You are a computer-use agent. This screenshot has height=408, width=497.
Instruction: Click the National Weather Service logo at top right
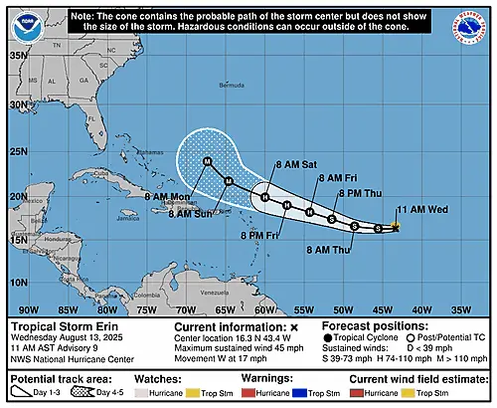coord(472,24)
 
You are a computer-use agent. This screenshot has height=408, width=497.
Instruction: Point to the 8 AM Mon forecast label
coord(166,196)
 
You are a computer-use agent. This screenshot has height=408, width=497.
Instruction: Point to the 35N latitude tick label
coord(18,57)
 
